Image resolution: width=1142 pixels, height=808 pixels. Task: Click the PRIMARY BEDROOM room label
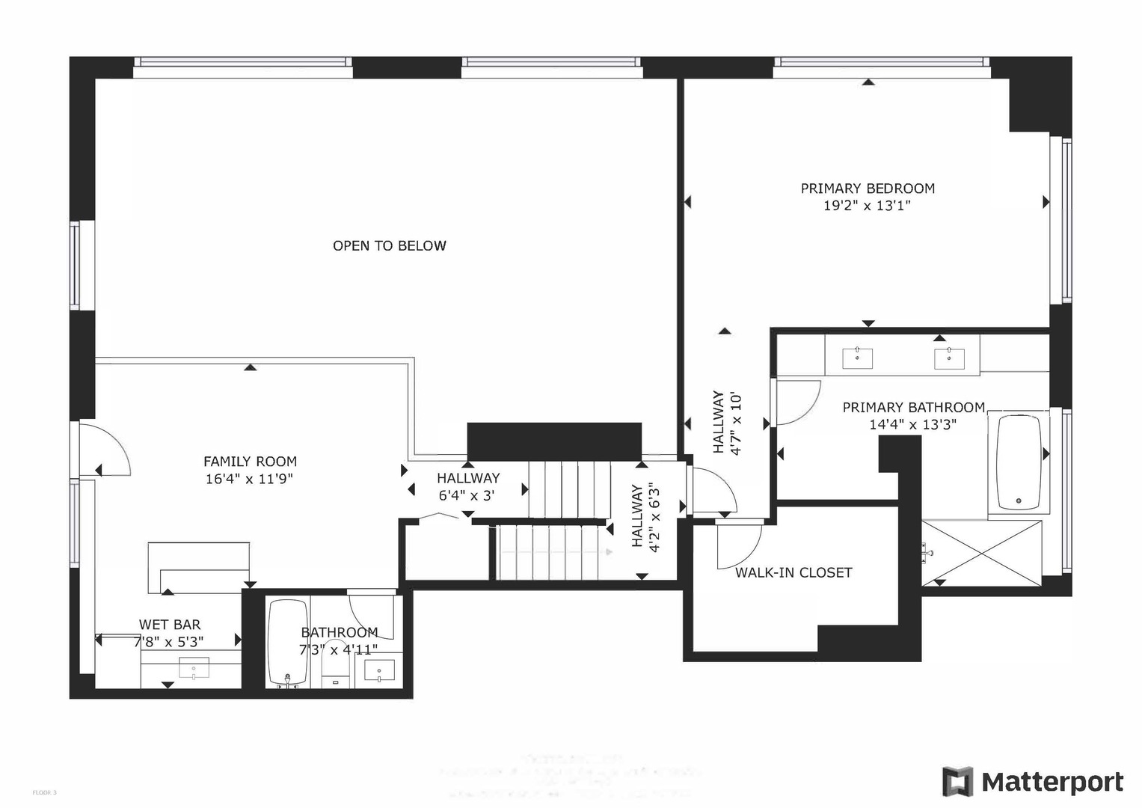click(x=868, y=189)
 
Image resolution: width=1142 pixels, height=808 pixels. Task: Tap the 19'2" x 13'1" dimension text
click(x=868, y=206)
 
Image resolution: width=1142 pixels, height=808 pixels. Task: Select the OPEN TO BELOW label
click(x=389, y=245)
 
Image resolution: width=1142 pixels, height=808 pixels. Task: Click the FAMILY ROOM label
click(x=250, y=462)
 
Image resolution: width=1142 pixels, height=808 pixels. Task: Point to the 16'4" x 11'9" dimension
click(x=249, y=479)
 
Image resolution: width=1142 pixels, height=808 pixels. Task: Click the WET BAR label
click(x=170, y=625)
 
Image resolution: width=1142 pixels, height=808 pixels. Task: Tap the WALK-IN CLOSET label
click(x=793, y=572)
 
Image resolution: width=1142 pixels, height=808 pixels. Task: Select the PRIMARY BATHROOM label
click(x=913, y=408)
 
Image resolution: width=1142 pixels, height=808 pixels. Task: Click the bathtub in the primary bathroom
click(x=1018, y=462)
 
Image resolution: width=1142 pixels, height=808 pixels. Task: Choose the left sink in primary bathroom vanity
click(x=857, y=358)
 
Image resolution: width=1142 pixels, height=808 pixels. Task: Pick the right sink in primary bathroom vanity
click(x=949, y=358)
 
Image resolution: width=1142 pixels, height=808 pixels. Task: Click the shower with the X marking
click(x=981, y=554)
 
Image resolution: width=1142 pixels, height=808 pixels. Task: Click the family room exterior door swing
click(x=105, y=449)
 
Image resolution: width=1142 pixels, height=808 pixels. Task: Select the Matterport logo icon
click(x=957, y=782)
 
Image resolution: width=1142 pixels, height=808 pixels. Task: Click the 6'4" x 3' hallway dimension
click(x=468, y=495)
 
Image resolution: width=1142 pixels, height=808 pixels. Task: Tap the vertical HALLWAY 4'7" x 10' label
click(x=726, y=422)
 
